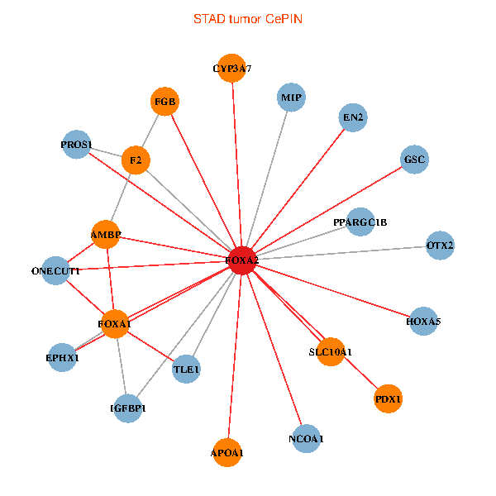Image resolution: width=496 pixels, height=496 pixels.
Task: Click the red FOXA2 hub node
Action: coord(242,260)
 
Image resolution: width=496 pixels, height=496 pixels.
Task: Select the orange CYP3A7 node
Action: coord(232,69)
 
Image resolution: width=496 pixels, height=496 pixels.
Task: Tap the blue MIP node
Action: coord(291,98)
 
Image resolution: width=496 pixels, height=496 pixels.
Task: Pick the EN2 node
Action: coord(353,118)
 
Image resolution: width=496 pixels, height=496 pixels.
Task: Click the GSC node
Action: coord(415,159)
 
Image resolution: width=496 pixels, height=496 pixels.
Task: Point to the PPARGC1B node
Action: coord(360,222)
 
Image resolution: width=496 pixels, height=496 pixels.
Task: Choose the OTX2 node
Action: coord(440,246)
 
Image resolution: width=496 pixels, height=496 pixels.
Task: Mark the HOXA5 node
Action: coord(423,321)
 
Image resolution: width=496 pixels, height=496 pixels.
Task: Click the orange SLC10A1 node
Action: coord(330,352)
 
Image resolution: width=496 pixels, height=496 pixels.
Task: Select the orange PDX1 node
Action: coord(388,399)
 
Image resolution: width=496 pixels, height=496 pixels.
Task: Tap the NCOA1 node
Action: coord(306,438)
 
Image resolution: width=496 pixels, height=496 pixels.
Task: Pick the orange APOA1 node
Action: coord(228,452)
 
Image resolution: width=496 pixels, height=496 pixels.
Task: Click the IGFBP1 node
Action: coord(128,408)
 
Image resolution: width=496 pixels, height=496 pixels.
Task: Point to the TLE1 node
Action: coord(187,369)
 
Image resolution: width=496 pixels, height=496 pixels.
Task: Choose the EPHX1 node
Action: coord(63,358)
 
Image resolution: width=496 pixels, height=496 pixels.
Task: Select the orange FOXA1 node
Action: coord(114,324)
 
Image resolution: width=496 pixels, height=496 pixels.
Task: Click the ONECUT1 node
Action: coord(55,270)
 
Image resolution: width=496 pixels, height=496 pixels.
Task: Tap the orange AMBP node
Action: coord(106,235)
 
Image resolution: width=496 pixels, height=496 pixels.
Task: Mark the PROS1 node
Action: coord(76,145)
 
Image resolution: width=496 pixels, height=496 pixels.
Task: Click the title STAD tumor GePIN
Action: coord(247,18)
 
